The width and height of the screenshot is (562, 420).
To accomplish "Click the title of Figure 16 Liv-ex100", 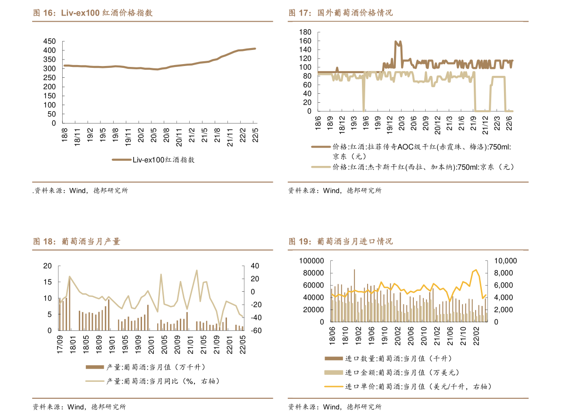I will click(x=93, y=13).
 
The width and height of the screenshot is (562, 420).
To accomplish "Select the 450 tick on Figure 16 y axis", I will click(x=50, y=41).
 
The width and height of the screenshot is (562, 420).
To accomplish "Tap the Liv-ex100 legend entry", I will click(x=153, y=160).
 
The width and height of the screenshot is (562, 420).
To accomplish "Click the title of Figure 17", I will click(x=341, y=13).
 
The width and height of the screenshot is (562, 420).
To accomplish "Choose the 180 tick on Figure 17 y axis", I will click(x=305, y=32).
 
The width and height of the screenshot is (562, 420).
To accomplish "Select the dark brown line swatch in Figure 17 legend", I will click(x=321, y=147).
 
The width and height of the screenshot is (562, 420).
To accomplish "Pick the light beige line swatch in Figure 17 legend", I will click(x=321, y=167).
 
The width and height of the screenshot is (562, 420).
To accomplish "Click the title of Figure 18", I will click(x=76, y=242).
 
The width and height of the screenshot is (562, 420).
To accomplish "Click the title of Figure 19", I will click(x=341, y=242).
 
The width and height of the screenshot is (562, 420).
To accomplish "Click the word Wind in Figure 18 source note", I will click(x=76, y=407).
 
